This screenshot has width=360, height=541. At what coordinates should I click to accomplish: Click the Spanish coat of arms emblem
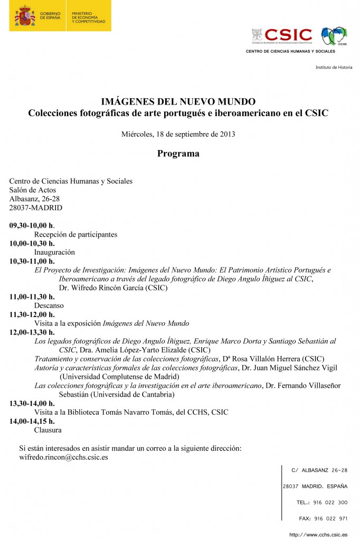pos(25,16)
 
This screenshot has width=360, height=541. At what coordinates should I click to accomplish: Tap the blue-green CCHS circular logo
pos(334,36)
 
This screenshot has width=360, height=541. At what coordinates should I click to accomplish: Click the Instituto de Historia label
pos(334,68)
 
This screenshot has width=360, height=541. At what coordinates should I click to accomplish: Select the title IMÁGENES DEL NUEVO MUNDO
pos(178,101)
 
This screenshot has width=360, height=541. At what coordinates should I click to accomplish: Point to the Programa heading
pos(178,154)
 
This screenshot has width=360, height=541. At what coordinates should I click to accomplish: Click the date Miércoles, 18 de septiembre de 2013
pos(178,134)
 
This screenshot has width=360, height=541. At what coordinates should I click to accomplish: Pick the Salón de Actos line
pos(33,190)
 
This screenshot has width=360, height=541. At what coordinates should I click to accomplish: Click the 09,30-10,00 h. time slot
pos(32,226)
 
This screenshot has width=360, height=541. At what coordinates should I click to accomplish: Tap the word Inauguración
pos(55,253)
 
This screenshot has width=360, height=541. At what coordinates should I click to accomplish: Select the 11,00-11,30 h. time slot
pos(32,297)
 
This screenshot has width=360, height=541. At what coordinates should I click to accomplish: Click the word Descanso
pos(49,306)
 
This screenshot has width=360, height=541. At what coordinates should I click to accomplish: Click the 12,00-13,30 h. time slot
pos(32,332)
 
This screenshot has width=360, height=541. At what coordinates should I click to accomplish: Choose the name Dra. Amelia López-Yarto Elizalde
pos(137,350)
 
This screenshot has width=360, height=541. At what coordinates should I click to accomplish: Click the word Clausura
pos(48,430)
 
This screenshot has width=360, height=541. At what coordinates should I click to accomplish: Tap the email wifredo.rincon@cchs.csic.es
pos(63,457)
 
